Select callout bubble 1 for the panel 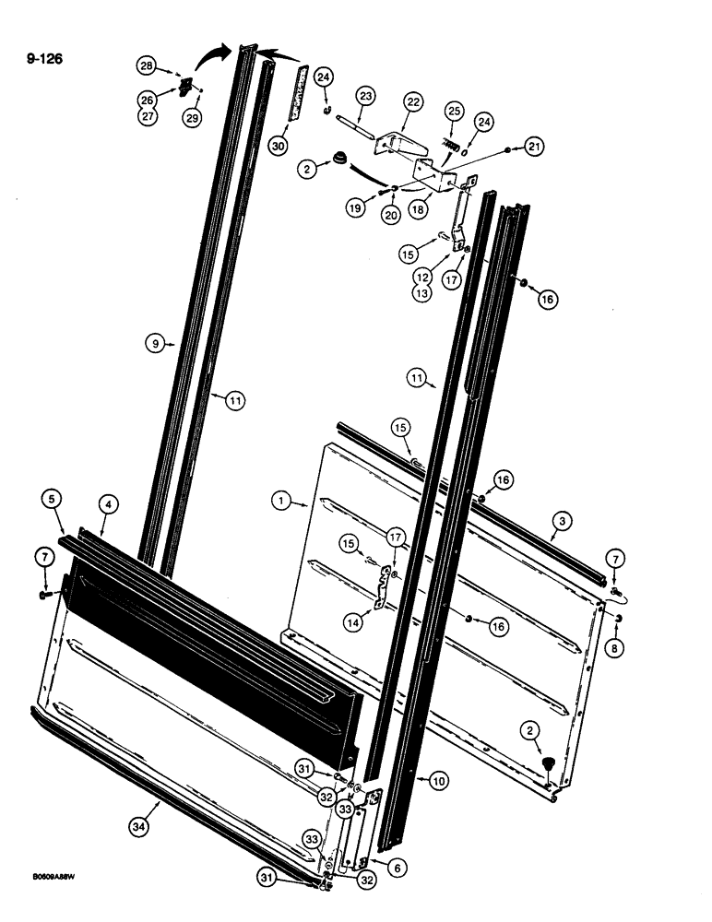[279, 502]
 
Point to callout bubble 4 [109, 504]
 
